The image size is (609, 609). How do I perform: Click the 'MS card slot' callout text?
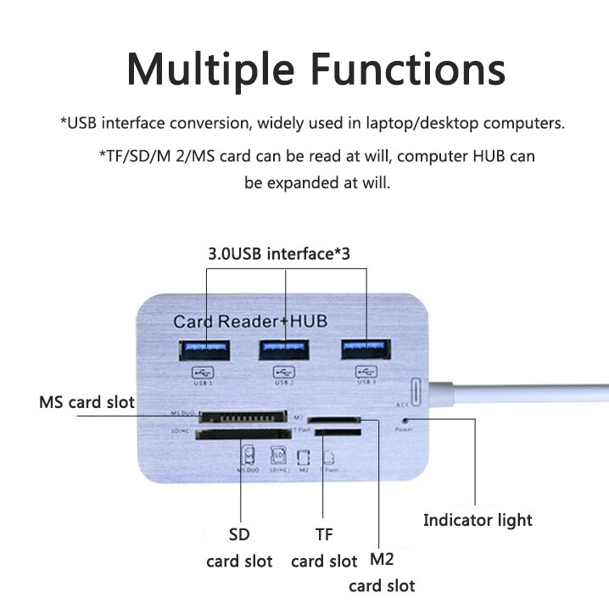pos(87,401)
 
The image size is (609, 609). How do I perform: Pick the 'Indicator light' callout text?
pos(478,520)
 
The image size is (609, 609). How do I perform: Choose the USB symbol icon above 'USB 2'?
pos(284,371)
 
